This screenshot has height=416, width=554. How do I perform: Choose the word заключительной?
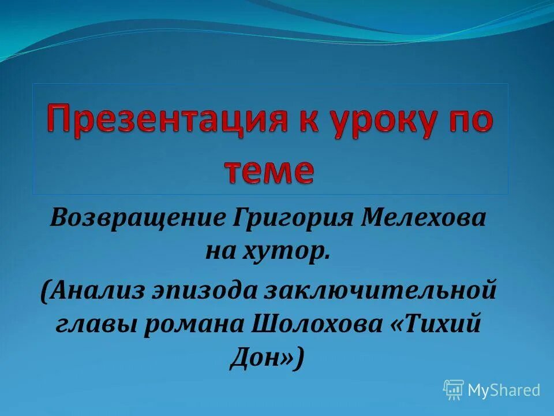(380, 289)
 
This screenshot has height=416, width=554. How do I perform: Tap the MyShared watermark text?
(504, 390)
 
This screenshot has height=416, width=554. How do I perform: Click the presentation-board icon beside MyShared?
(454, 390)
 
